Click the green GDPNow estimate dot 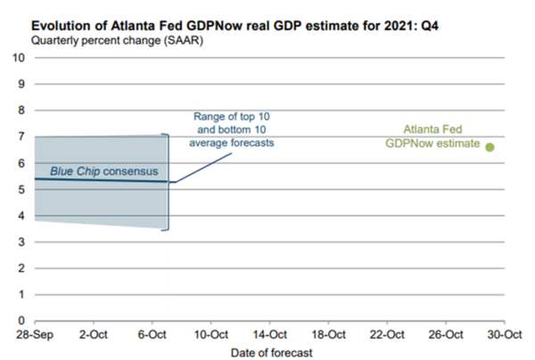click(490, 147)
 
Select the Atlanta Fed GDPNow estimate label click(433, 135)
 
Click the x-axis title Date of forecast click(267, 352)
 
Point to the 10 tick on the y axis click(18, 58)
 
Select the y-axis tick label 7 click(21, 137)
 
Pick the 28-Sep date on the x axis click(34, 334)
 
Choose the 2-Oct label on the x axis click(93, 334)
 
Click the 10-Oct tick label click(210, 334)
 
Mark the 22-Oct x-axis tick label click(387, 334)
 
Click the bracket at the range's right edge click(167, 182)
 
